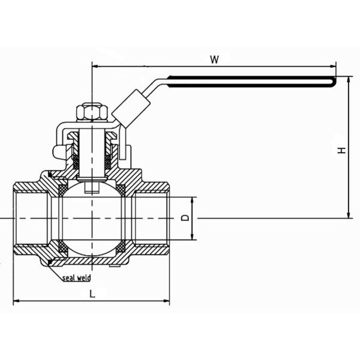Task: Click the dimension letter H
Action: coord(341,151)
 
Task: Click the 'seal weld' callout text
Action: coord(76,277)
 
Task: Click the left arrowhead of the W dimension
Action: coord(95,67)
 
